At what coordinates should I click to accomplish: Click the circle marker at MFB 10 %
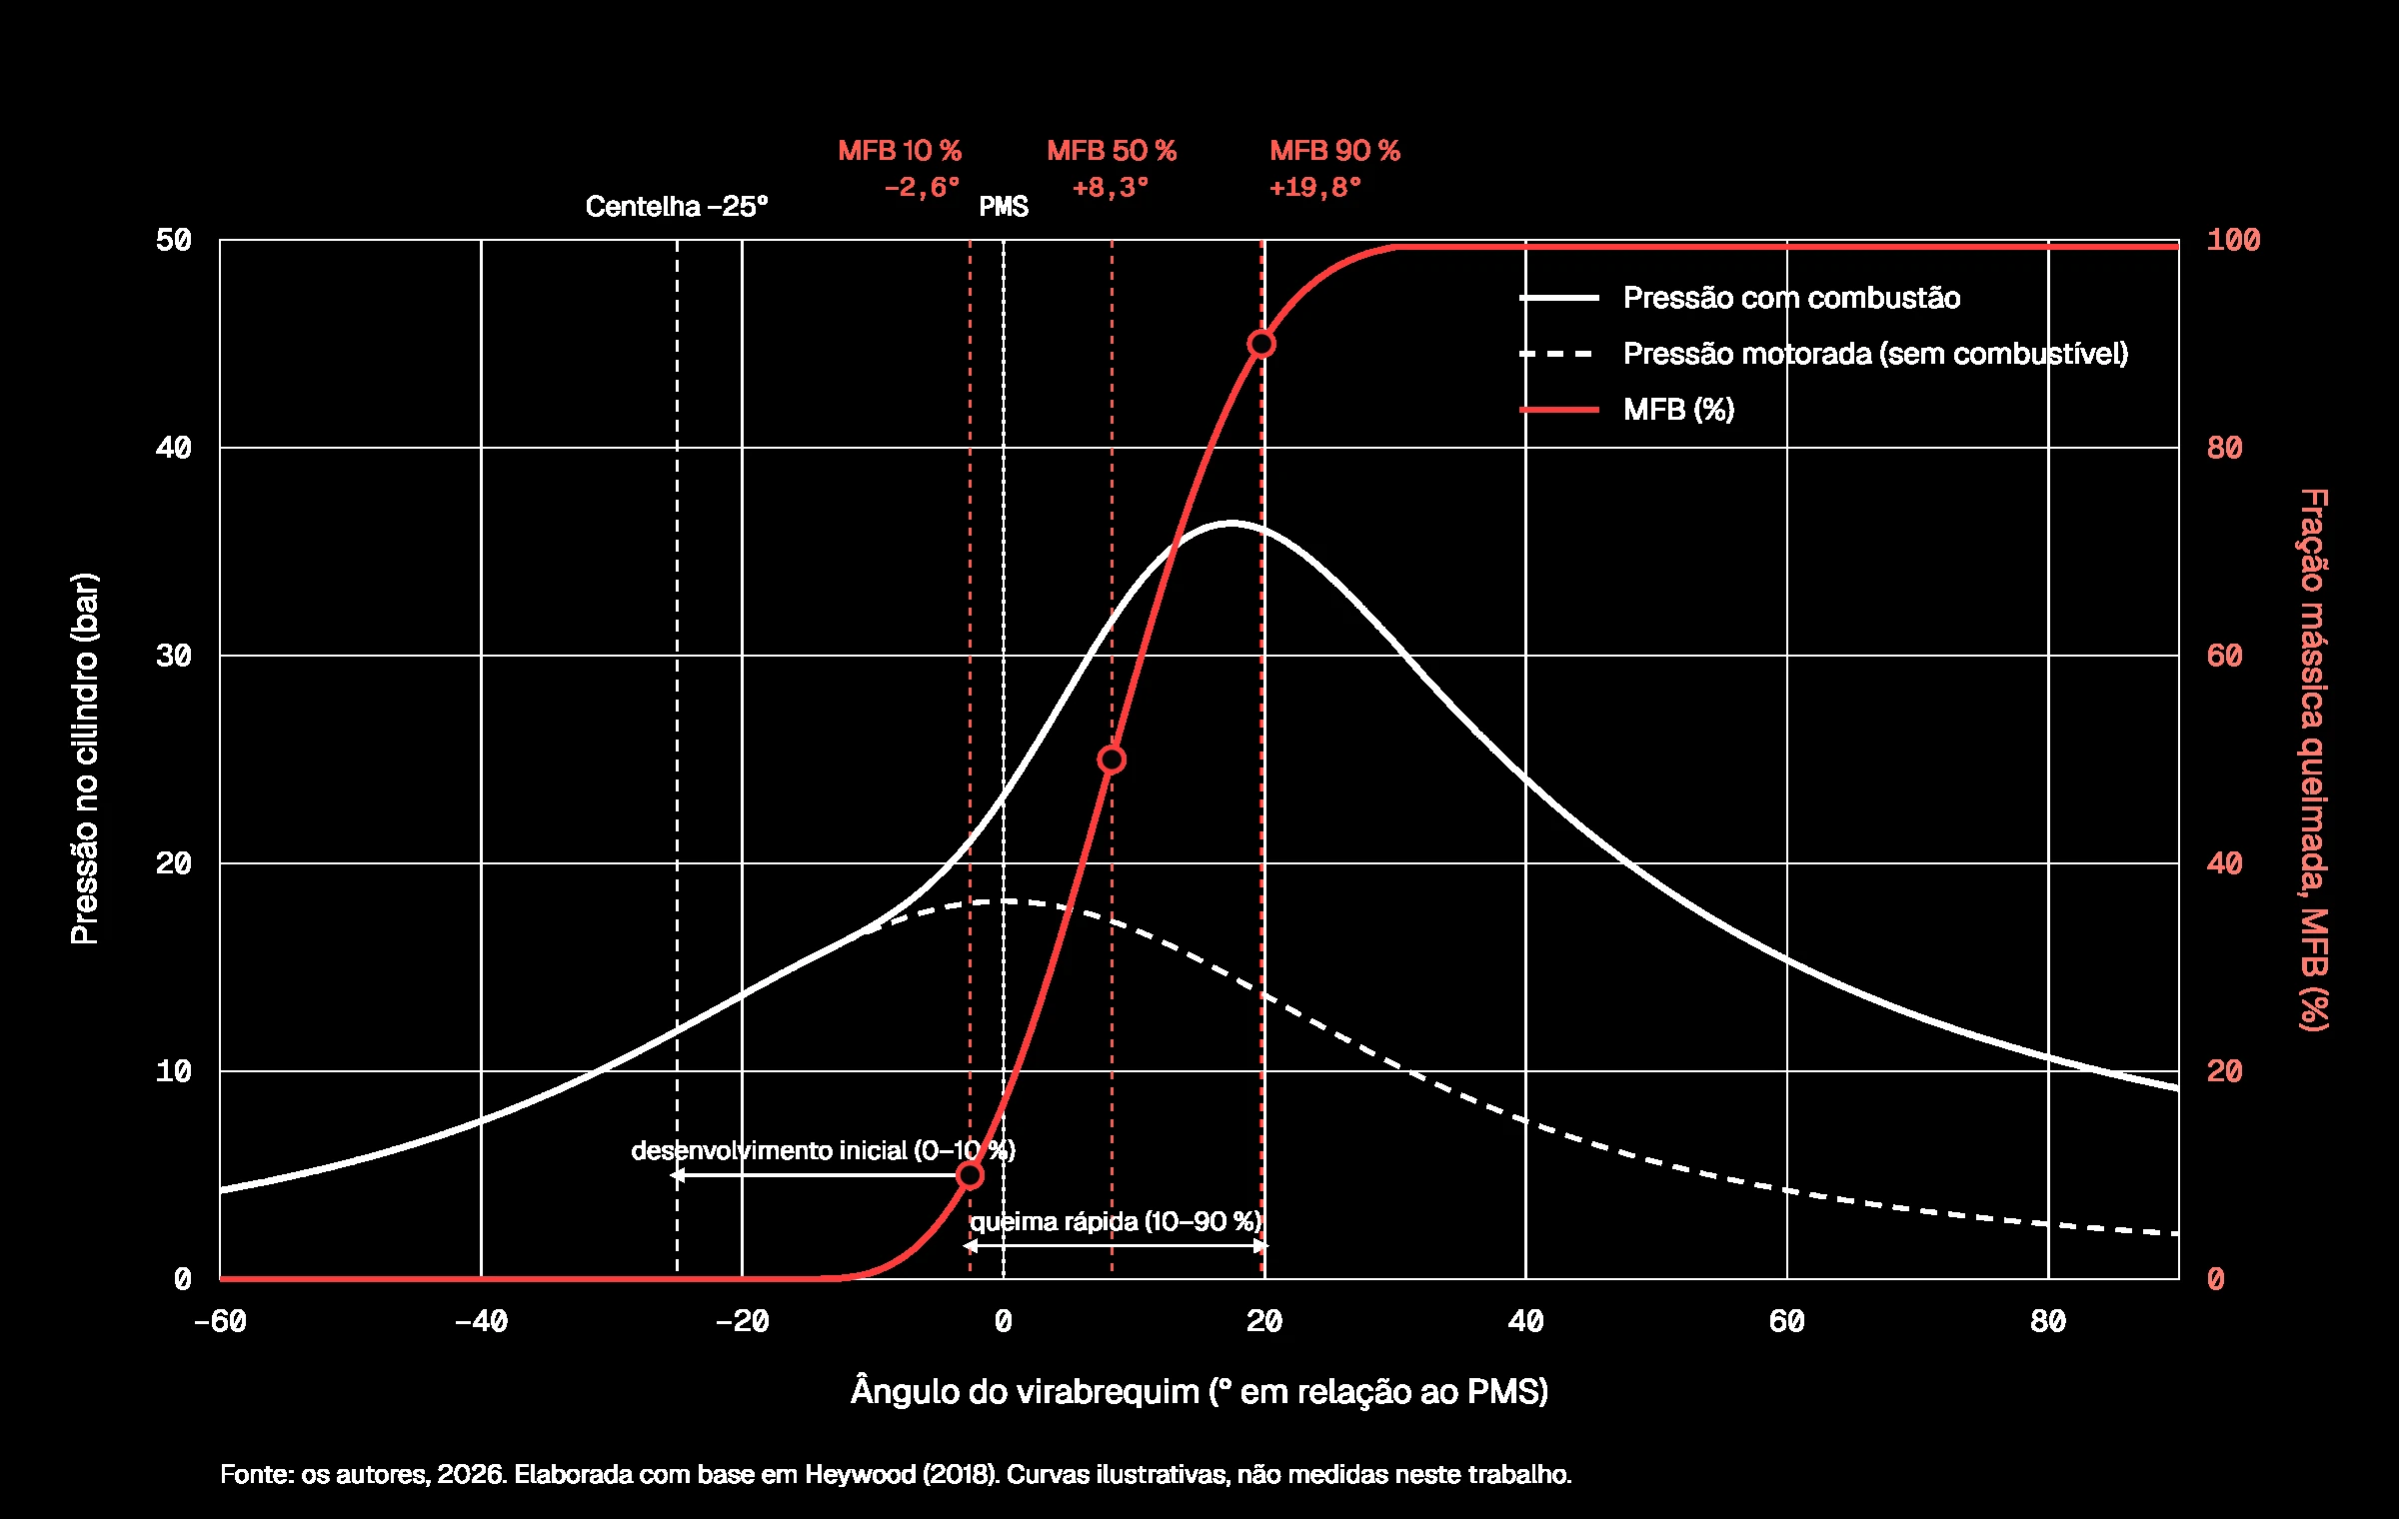click(970, 1175)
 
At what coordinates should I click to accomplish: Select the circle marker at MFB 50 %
click(1112, 759)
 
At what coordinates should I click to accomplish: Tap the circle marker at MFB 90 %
click(1261, 344)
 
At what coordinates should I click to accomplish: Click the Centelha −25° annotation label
click(677, 206)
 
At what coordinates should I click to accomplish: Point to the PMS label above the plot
click(1004, 206)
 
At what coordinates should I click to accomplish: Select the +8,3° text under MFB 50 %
click(1111, 187)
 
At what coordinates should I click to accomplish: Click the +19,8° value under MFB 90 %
click(1315, 187)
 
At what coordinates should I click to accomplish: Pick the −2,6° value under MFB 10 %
click(922, 187)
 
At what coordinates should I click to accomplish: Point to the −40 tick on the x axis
click(481, 1321)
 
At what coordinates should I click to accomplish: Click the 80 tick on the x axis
click(2048, 1321)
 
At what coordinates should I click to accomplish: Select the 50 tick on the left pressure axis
click(174, 240)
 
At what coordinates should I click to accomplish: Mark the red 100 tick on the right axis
click(2233, 240)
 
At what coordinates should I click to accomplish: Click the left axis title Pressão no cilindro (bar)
click(85, 759)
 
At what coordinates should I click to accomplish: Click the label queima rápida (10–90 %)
click(1117, 1221)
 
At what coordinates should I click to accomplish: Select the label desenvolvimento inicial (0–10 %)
click(824, 1150)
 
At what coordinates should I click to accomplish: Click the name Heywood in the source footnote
click(860, 1474)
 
